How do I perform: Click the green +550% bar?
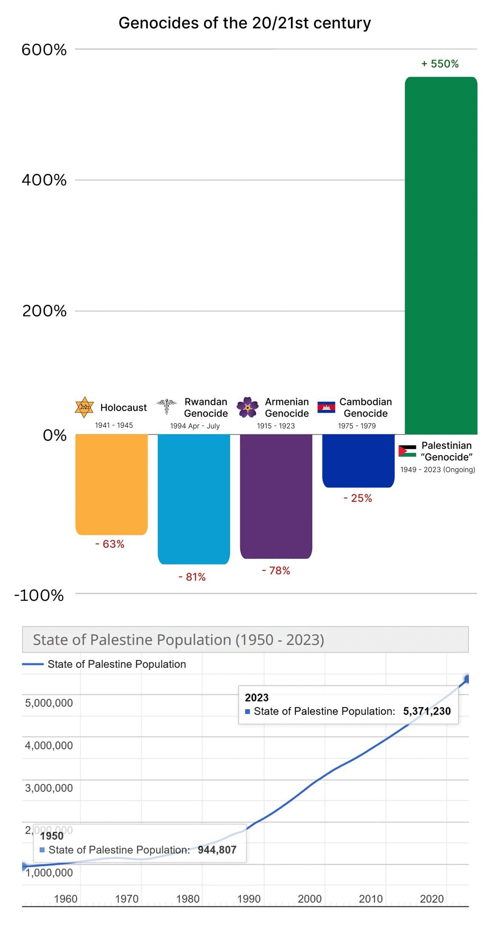pos(441,256)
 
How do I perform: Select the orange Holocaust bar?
pos(112,484)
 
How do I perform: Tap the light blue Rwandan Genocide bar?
pos(194,499)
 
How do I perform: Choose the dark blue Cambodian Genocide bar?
pos(358,460)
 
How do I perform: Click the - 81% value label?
pos(192,577)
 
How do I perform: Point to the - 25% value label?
pos(358,498)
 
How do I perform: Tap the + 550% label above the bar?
pos(440,64)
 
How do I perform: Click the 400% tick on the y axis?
pos(44,180)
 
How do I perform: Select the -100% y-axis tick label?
pos(39,595)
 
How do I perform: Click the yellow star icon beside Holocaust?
pos(84,407)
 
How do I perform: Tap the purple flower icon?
pos(248,407)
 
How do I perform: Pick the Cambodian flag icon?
pos(326,407)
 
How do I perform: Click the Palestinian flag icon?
pos(407,451)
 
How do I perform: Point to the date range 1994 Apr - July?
pos(195,426)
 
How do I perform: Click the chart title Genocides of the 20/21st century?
pos(245,23)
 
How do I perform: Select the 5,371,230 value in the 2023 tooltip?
pos(427,711)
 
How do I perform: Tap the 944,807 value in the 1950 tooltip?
pos(217,849)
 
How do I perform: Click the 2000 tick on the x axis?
pos(310,898)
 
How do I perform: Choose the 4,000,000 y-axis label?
pos(49,745)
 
